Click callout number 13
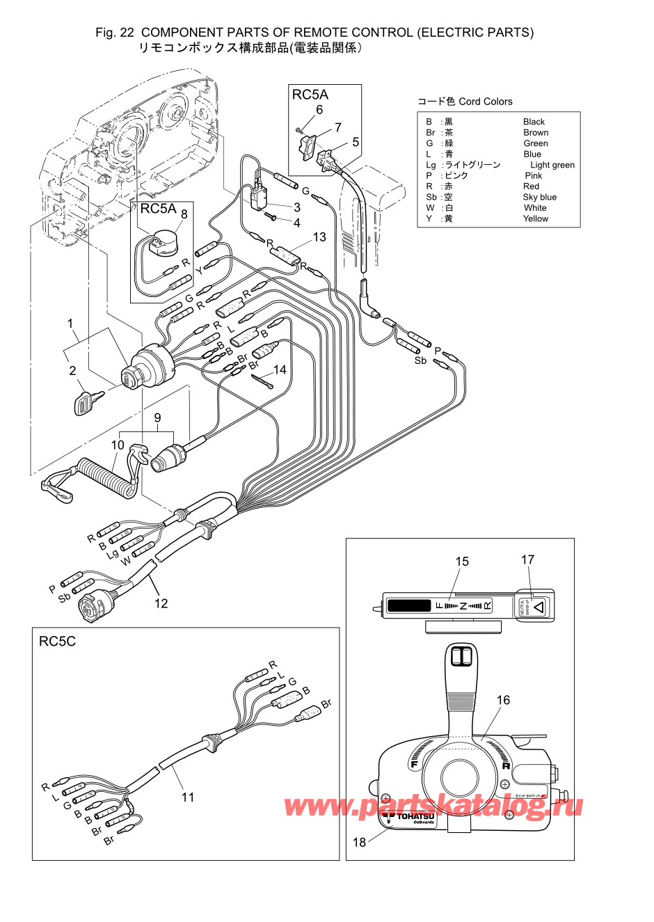tap(319, 237)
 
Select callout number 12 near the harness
tap(161, 603)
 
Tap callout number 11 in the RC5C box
tap(188, 797)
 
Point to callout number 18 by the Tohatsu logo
tap(359, 842)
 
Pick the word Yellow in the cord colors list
tap(536, 218)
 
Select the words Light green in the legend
tap(552, 165)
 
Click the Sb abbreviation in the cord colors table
tap(431, 197)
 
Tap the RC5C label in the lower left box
tap(57, 642)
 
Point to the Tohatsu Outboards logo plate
tap(410, 818)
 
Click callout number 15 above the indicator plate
tap(462, 562)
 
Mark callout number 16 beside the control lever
tap(503, 700)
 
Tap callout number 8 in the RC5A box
tap(184, 214)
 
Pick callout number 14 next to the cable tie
tap(280, 369)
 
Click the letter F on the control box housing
tap(414, 764)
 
